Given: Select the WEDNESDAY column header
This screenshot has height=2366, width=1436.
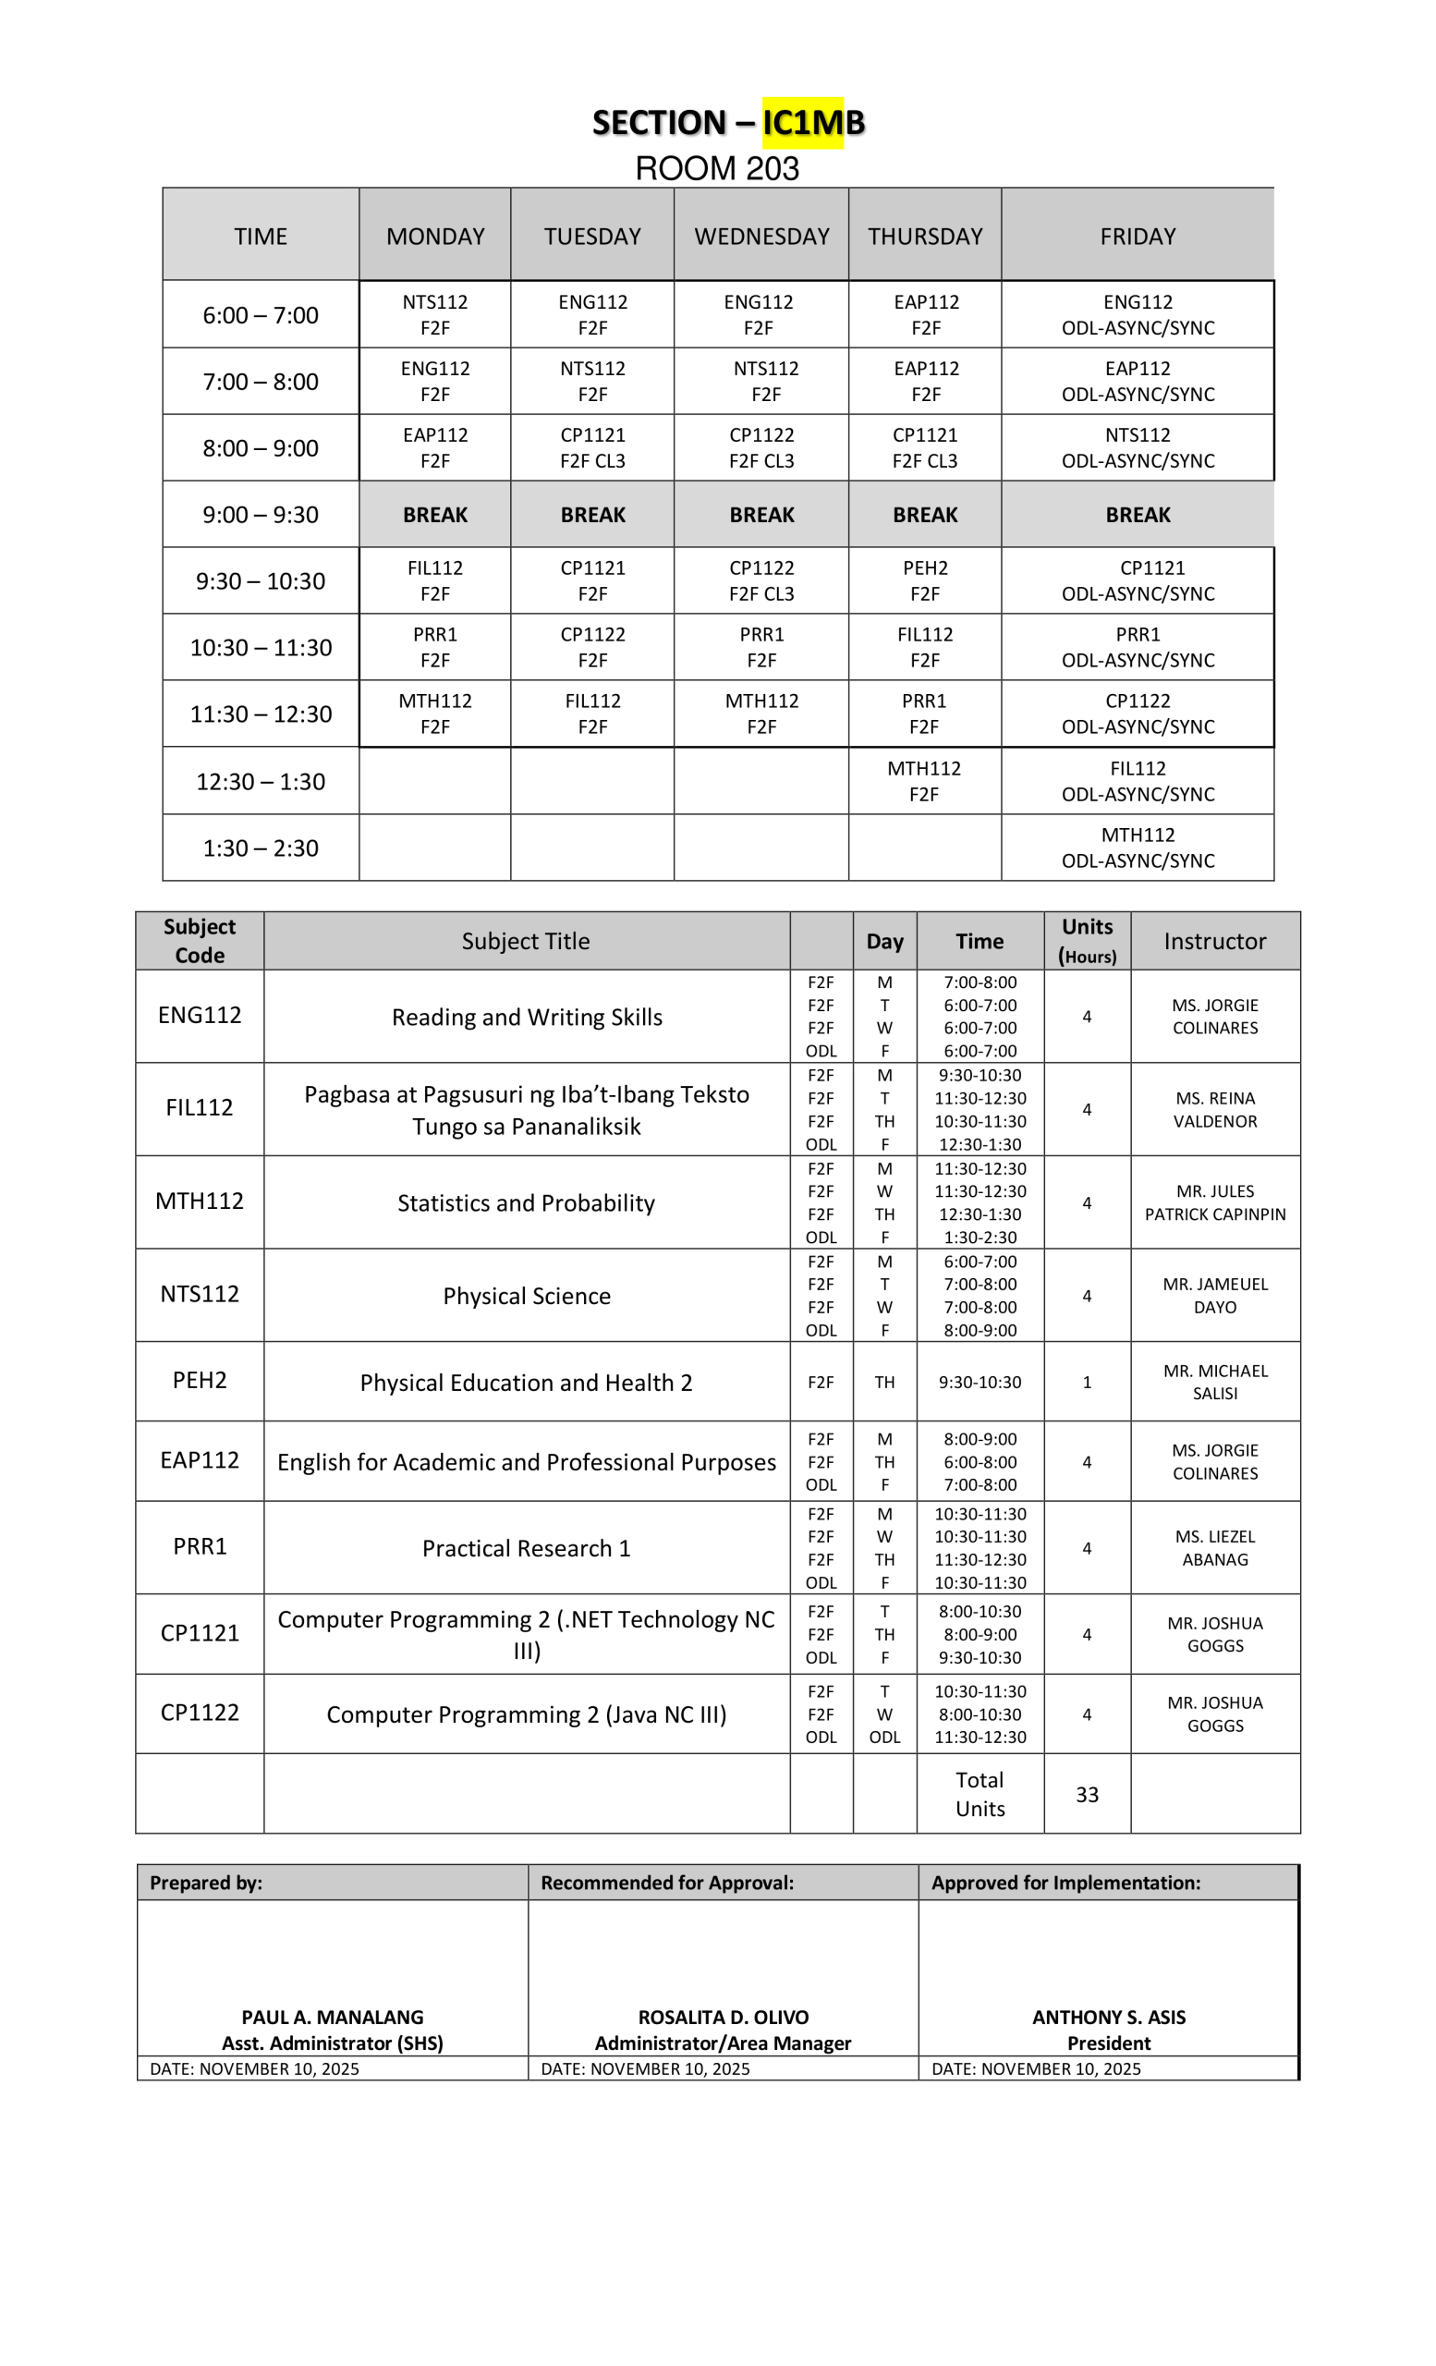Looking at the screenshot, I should pyautogui.click(x=761, y=237).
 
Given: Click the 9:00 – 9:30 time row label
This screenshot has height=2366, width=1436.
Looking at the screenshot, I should pyautogui.click(x=261, y=515).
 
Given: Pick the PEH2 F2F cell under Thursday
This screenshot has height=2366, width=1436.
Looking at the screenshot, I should pyautogui.click(x=924, y=581).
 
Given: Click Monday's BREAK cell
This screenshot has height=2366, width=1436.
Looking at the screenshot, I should pyautogui.click(x=435, y=515).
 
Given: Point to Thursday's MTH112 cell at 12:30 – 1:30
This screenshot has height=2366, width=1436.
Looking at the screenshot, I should pyautogui.click(x=923, y=781).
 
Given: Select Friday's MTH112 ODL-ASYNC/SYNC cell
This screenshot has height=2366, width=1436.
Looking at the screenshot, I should pyautogui.click(x=1138, y=848).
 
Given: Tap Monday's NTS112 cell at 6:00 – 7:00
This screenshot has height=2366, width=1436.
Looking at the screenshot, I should pyautogui.click(x=435, y=315).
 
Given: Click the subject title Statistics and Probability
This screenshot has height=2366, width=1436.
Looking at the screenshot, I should pyautogui.click(x=526, y=1203).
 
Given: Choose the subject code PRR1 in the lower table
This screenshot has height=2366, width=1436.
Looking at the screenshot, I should pyautogui.click(x=200, y=1546).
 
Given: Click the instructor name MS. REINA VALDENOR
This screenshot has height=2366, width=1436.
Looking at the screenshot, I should pyautogui.click(x=1214, y=1109).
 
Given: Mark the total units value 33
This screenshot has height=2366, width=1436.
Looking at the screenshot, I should pyautogui.click(x=1087, y=1795).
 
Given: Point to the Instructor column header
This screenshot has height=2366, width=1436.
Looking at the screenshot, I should pyautogui.click(x=1214, y=941).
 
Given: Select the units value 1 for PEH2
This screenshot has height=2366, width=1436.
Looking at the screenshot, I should pyautogui.click(x=1087, y=1382).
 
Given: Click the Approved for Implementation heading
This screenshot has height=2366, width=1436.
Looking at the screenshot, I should pyautogui.click(x=1065, y=1882).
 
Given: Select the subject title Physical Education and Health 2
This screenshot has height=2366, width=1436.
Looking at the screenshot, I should pyautogui.click(x=526, y=1383).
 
